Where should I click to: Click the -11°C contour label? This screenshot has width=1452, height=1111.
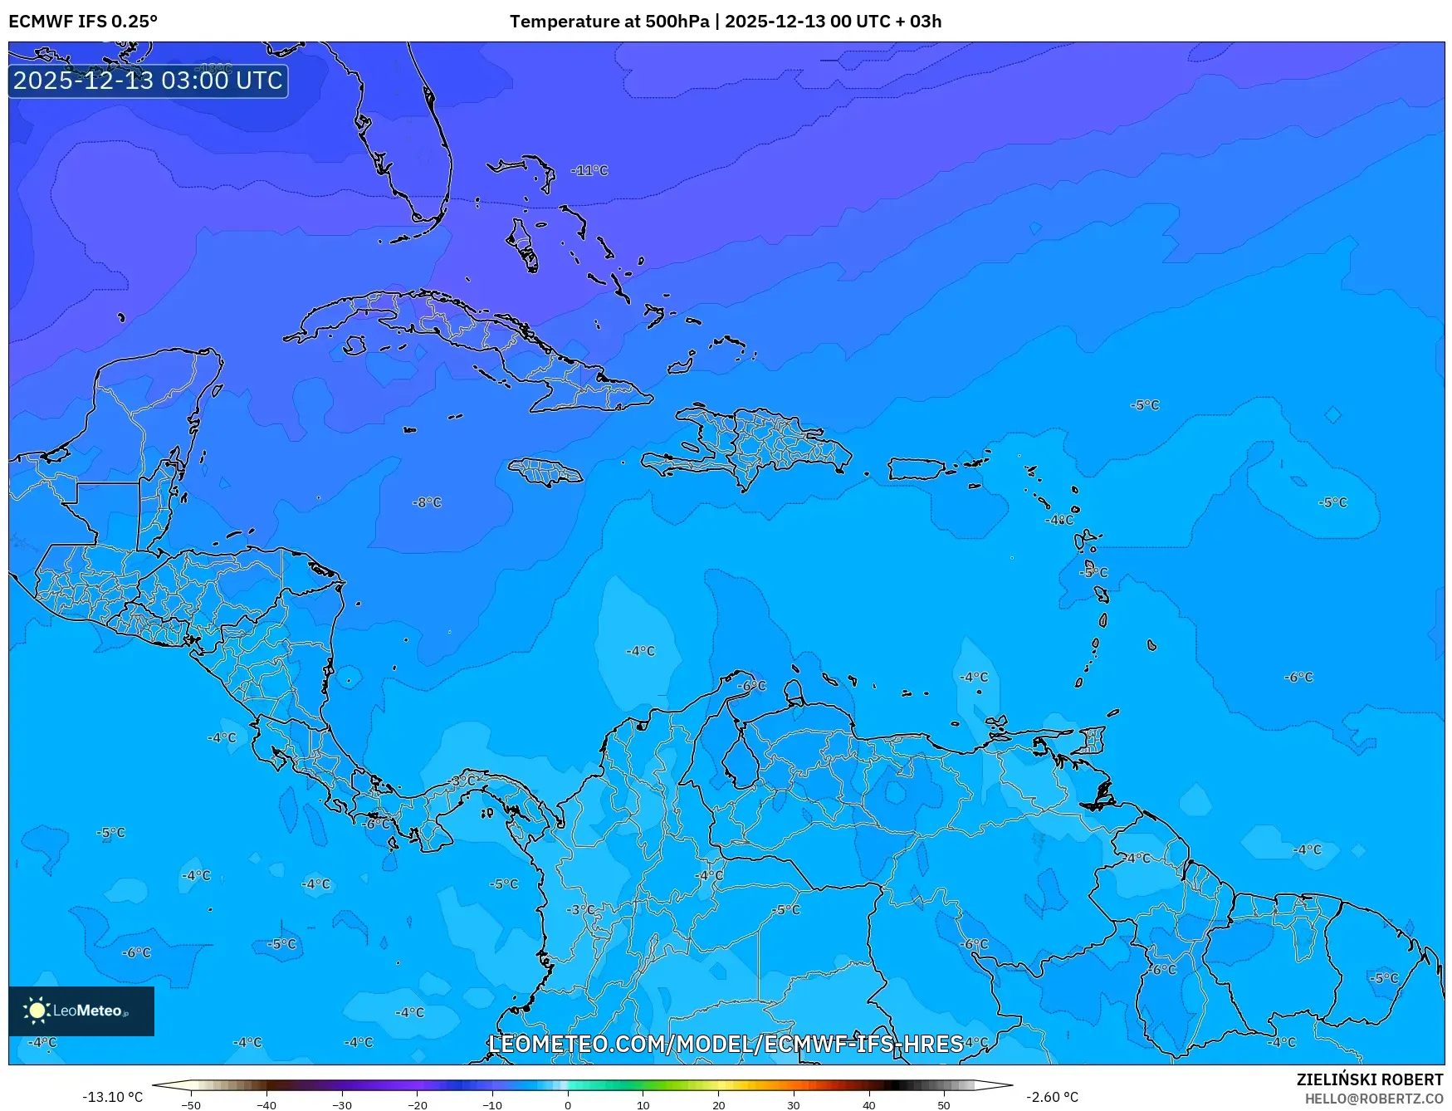[x=589, y=170]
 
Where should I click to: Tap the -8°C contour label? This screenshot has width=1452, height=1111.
[x=427, y=502]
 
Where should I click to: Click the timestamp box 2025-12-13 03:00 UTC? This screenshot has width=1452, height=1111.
[x=148, y=81]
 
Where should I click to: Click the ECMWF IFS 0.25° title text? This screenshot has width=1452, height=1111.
[x=83, y=22]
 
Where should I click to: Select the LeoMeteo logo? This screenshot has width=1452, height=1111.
[x=81, y=1011]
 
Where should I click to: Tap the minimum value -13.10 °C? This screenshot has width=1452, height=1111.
[x=112, y=1097]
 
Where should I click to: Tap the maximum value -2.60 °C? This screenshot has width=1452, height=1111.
[x=1052, y=1097]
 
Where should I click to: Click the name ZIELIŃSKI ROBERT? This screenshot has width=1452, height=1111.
[x=1370, y=1079]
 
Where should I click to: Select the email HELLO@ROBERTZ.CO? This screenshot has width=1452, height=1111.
[x=1374, y=1099]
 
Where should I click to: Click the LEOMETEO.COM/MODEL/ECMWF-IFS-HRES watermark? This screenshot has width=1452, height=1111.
[x=726, y=1044]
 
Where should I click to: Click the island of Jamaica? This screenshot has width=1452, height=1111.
[x=545, y=472]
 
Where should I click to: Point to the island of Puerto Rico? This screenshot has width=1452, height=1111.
[x=916, y=469]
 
